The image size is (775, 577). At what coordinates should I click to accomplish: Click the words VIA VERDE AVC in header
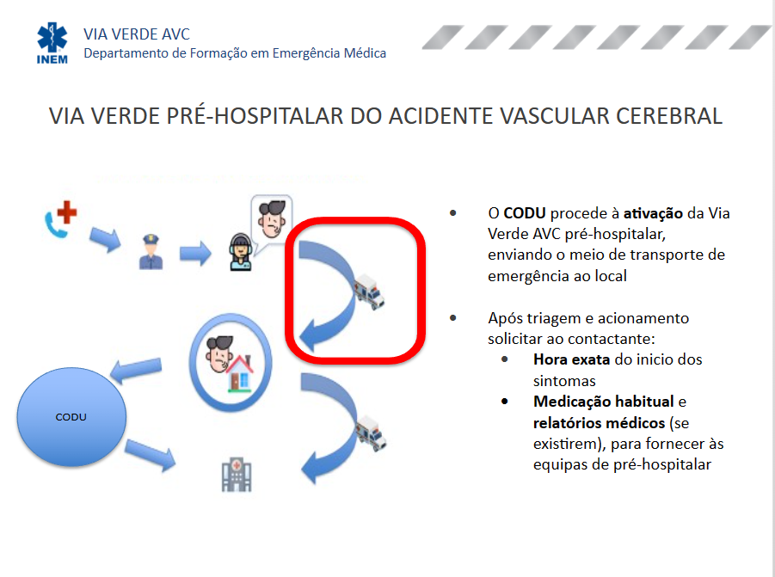click(137, 34)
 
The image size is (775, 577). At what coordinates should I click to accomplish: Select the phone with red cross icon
click(60, 218)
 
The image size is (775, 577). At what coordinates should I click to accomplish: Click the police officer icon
click(151, 251)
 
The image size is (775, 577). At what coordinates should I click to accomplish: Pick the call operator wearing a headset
click(241, 251)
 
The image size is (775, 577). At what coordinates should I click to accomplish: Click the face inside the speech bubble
click(272, 218)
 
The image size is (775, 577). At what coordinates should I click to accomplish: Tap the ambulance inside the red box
click(369, 292)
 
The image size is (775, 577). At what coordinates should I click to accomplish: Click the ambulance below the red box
click(371, 433)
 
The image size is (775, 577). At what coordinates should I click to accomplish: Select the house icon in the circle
click(240, 373)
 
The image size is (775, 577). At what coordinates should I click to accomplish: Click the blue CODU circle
click(71, 417)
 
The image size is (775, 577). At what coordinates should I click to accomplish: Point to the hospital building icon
click(237, 475)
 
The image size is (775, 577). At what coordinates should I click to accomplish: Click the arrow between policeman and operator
click(195, 253)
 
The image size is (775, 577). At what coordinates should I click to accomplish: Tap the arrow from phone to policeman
click(105, 240)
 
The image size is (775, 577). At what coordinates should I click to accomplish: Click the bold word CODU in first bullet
click(525, 213)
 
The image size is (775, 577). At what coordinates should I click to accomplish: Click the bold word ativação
click(653, 214)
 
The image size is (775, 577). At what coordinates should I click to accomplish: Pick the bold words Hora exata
click(571, 359)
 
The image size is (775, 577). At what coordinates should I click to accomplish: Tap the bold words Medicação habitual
click(604, 402)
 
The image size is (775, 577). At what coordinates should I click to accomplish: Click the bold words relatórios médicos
click(599, 423)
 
